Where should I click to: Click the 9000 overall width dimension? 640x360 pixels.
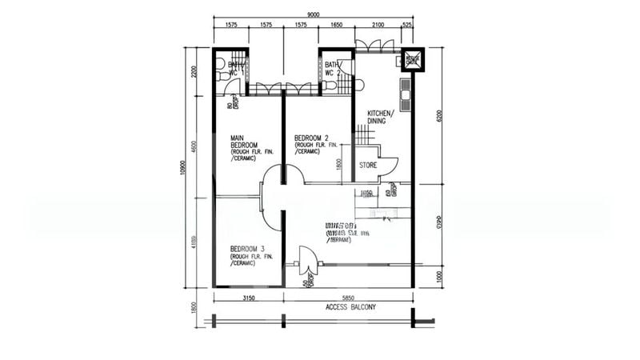click(313, 14)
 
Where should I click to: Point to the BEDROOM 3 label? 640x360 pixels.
click(246, 248)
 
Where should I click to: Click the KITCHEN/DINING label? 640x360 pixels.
click(380, 118)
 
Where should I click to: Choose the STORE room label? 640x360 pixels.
click(367, 166)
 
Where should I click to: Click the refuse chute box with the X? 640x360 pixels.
click(413, 60)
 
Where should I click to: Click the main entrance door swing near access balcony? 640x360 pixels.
click(306, 260)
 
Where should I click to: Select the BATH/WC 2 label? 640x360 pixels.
click(334, 67)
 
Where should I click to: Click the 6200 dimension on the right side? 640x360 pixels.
click(438, 116)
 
